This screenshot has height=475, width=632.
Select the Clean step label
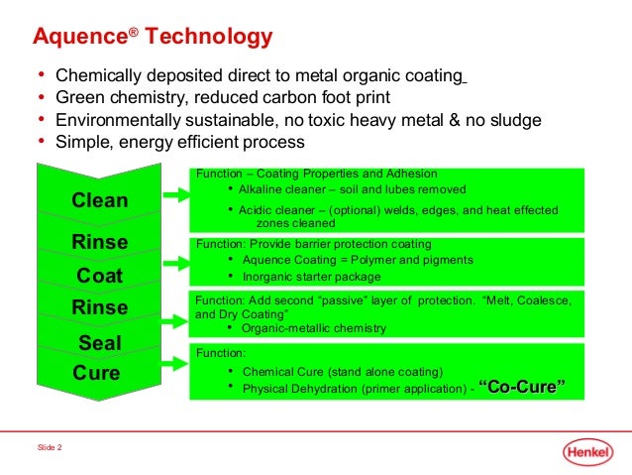point(99,200)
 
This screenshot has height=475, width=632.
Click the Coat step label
point(99,276)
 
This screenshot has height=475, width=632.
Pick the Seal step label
point(99,344)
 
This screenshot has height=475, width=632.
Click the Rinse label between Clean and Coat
point(99,241)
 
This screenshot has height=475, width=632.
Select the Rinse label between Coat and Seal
point(99,307)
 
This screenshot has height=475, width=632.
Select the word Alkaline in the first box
point(263,189)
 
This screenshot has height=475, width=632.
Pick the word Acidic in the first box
point(259,210)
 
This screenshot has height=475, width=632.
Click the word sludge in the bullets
point(513,120)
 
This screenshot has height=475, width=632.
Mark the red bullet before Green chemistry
point(41,97)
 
